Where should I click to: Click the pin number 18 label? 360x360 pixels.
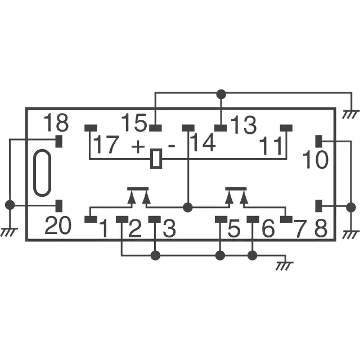tap(56, 123)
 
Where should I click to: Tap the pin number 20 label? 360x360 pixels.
tap(58, 226)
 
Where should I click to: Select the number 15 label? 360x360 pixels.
tap(134, 123)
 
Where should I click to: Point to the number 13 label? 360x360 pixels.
tap(244, 125)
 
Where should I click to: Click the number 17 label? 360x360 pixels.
tap(106, 145)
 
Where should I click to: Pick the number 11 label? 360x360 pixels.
tap(271, 146)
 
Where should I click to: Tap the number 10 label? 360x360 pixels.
tap(316, 160)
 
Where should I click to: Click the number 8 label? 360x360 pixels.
tap(321, 228)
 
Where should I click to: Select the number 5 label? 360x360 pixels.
tap(234, 228)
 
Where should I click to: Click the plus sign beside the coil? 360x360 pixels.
tap(138, 146)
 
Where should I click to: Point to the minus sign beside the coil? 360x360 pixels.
tap(172, 146)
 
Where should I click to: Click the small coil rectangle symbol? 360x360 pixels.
tap(156, 159)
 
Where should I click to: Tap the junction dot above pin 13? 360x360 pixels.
tap(221, 94)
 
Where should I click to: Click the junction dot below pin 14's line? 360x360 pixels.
tap(188, 208)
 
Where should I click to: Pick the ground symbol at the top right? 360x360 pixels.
tap(350, 114)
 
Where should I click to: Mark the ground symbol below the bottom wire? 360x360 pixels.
tap(285, 265)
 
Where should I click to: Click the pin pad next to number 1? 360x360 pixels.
tap(91, 219)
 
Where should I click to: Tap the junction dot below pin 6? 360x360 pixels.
tap(253, 255)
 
